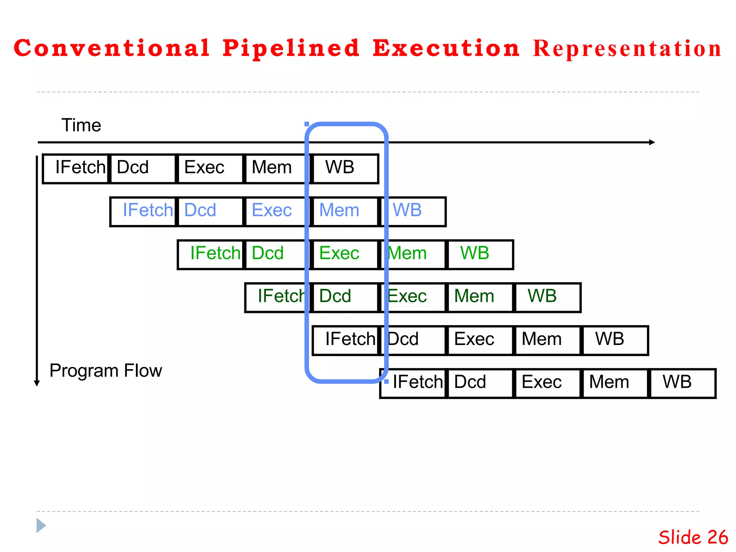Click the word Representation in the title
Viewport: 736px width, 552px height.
627,49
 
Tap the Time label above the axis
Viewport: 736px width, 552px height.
81,125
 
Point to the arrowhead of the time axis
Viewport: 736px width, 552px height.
652,142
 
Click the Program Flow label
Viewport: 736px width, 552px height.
106,371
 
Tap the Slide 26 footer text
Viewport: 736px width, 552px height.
693,537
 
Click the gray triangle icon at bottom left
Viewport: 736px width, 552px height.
41,525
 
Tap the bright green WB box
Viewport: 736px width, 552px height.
480,254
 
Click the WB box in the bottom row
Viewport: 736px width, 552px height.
682,383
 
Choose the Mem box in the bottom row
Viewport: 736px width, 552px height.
615,383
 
